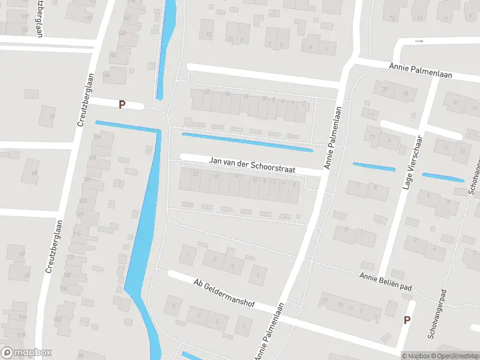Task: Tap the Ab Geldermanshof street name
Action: (x=224, y=293)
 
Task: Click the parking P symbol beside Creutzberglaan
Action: (x=122, y=104)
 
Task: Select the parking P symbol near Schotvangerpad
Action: (x=407, y=320)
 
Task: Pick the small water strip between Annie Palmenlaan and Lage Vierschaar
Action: (x=374, y=166)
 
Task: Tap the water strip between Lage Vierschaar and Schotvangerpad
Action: (x=443, y=177)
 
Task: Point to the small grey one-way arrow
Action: (x=419, y=41)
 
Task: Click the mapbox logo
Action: (x=25, y=353)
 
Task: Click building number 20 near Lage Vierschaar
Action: (x=385, y=89)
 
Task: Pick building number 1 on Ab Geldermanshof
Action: (x=258, y=275)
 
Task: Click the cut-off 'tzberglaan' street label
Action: (x=40, y=18)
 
